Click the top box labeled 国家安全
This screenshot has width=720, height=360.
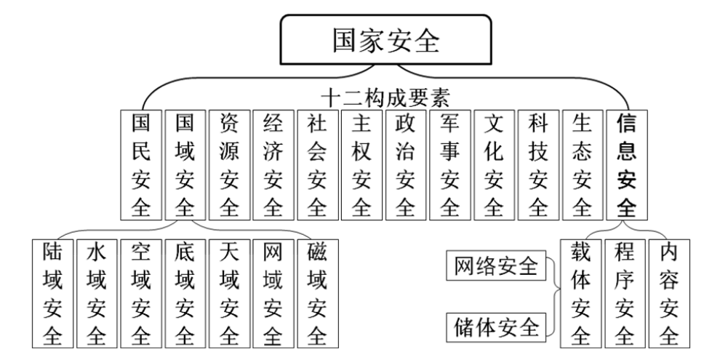tap(385, 39)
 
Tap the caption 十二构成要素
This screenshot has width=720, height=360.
tap(385, 97)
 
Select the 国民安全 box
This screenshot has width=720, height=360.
tap(141, 165)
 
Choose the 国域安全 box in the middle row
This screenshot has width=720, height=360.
tap(185, 165)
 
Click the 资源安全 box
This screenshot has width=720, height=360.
tap(229, 165)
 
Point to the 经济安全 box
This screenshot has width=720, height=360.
tap(273, 165)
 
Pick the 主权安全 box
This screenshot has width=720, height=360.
tap(361, 165)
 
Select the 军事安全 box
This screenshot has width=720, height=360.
tap(450, 165)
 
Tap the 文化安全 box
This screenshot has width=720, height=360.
tap(494, 165)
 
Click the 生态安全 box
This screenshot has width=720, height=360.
tap(583, 165)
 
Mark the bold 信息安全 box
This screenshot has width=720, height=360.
tap(627, 165)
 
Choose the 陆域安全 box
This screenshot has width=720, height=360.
tap(53, 293)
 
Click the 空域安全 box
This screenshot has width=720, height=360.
tap(141, 293)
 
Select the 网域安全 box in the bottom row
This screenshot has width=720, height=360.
tap(273, 293)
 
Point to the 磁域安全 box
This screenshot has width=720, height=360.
tap(317, 293)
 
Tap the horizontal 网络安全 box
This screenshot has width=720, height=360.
tap(496, 265)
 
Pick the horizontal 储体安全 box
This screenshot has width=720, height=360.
tap(496, 327)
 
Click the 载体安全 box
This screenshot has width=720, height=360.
tap(580, 293)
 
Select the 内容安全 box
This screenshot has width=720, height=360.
tap(669, 293)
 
